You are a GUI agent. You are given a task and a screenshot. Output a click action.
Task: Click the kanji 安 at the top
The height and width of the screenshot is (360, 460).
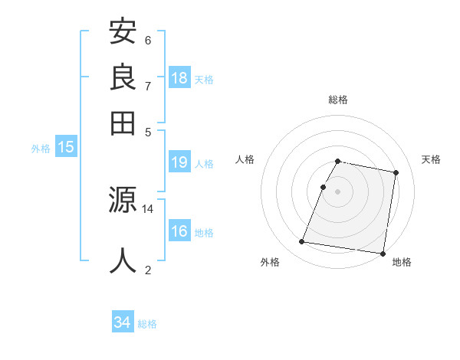click(x=123, y=32)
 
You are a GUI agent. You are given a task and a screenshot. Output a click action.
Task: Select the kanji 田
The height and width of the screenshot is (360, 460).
click(x=123, y=122)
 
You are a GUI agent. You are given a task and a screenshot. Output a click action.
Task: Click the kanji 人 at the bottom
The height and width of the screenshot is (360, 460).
click(x=123, y=260)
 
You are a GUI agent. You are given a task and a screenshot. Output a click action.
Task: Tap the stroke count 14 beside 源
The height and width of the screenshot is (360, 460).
click(x=148, y=208)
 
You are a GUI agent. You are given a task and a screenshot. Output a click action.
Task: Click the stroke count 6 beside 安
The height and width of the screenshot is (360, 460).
click(x=148, y=40)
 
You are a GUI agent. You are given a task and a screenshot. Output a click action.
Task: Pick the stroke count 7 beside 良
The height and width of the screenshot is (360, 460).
click(x=148, y=85)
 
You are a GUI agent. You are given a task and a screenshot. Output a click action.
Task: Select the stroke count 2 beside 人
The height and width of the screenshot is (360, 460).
click(x=148, y=269)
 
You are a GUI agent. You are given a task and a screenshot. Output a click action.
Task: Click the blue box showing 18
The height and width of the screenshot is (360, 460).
click(x=179, y=78)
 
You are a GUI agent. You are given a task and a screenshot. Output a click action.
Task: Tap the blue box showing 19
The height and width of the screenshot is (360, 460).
click(x=179, y=162)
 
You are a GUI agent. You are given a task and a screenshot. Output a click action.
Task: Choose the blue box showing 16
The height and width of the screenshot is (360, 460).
click(x=179, y=231)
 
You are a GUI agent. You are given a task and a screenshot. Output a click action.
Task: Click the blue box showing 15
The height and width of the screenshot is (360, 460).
click(x=66, y=148)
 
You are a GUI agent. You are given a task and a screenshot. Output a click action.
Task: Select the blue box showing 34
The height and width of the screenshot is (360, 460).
click(x=123, y=322)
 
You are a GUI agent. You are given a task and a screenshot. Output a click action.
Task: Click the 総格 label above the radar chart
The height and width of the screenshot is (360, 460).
click(x=337, y=100)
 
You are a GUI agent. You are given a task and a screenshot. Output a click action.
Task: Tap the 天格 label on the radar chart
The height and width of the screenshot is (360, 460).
click(x=431, y=159)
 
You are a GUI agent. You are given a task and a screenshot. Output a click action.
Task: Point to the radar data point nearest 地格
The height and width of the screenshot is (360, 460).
click(x=382, y=254)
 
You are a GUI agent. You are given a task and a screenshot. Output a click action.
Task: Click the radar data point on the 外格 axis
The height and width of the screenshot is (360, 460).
click(x=302, y=242)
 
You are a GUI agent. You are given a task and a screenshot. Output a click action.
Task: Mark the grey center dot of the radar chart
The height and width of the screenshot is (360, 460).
click(x=337, y=191)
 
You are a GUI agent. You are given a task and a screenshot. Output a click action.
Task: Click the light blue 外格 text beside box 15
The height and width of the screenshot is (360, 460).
click(x=41, y=149)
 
